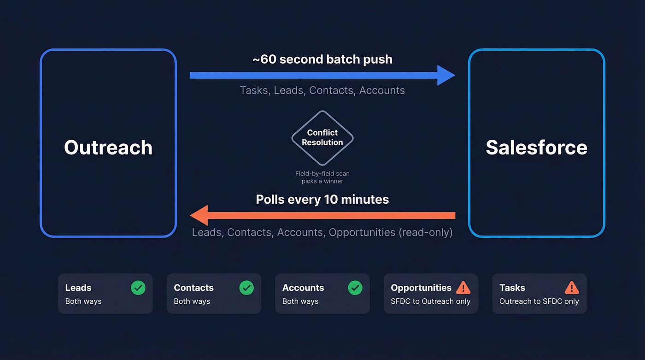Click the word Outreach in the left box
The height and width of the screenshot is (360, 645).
108,148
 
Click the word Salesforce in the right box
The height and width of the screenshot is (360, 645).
536,148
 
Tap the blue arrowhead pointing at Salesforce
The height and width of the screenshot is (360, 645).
446,75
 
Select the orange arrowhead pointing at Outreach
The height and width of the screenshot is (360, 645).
199,215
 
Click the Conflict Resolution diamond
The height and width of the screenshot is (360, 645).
322,138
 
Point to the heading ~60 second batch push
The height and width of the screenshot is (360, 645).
322,59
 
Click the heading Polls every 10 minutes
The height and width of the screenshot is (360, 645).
322,200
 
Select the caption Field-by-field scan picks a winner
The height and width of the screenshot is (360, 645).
322,177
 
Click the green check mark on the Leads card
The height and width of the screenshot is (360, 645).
138,288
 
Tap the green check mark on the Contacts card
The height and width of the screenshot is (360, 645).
246,288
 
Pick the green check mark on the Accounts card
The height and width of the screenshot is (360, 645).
355,288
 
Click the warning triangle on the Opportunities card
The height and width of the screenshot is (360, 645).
463,288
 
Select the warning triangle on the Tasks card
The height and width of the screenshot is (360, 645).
572,288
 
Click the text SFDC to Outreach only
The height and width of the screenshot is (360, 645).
430,301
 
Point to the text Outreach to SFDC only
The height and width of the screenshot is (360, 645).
539,301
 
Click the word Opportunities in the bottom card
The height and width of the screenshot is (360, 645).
421,288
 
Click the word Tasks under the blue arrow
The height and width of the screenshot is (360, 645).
254,90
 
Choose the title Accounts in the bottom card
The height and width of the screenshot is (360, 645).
303,288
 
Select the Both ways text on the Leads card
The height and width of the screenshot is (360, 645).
83,301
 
